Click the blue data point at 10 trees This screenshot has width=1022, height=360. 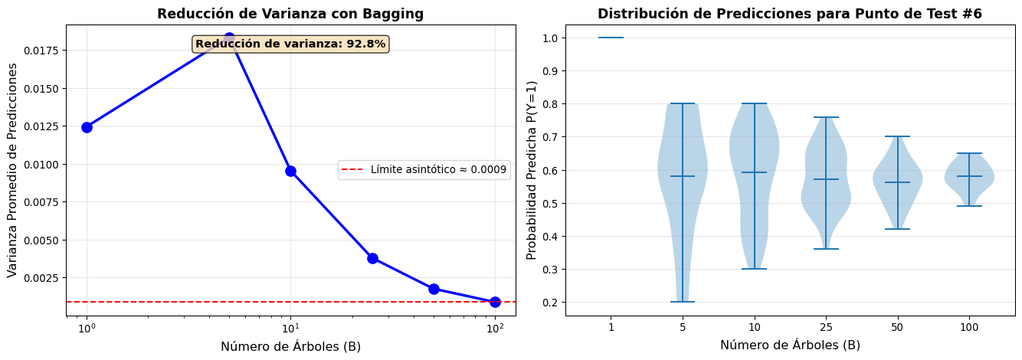click(290, 171)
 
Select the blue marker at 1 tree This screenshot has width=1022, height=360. click(87, 127)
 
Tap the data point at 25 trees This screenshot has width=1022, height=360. click(372, 258)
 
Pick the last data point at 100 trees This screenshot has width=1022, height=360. click(495, 302)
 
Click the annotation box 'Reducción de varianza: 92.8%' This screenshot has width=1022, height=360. click(290, 44)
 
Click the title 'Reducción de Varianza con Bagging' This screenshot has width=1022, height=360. click(290, 14)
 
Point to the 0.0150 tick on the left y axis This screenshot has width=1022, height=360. click(43, 89)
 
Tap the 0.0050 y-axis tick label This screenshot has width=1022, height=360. click(43, 240)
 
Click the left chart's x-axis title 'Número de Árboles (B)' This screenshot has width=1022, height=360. click(290, 346)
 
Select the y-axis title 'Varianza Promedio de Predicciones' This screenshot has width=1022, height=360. click(12, 170)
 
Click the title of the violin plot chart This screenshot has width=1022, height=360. click(789, 14)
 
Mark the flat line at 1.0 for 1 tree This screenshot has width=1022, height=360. click(611, 38)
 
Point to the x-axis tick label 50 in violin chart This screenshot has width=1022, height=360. click(897, 327)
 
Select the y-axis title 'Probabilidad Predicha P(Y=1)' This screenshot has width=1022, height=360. click(532, 170)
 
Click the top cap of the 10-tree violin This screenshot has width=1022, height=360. click(754, 103)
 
